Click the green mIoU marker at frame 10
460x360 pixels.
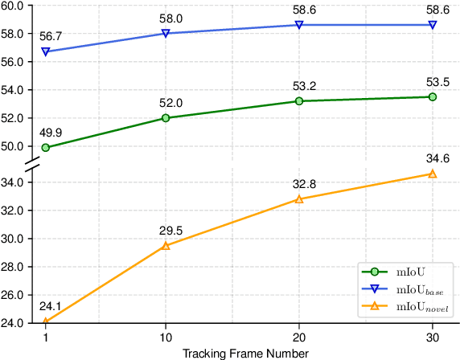pyautogui.click(x=166, y=118)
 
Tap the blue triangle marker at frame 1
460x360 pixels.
pyautogui.click(x=45, y=51)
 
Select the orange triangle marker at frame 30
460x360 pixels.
pyautogui.click(x=433, y=174)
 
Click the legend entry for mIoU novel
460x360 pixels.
pyautogui.click(x=423, y=307)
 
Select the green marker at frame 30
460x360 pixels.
pyautogui.click(x=433, y=96)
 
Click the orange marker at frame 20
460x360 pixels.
pyautogui.click(x=299, y=199)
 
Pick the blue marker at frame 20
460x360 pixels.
pyautogui.click(x=299, y=25)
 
